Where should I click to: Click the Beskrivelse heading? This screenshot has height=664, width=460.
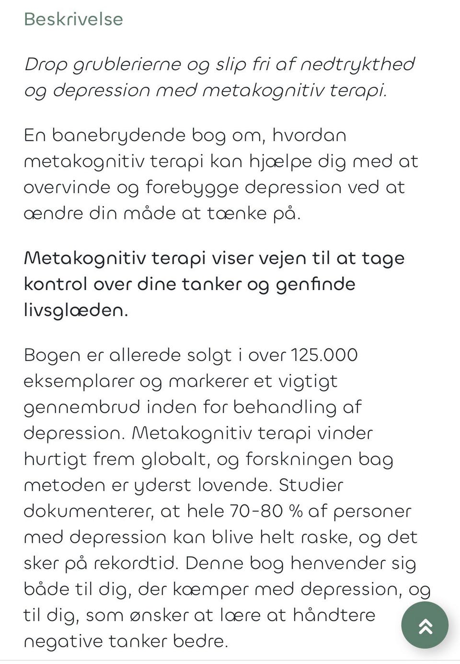pos(73,19)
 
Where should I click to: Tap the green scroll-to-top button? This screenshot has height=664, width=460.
pos(425,626)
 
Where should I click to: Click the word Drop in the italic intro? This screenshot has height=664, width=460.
pos(46,64)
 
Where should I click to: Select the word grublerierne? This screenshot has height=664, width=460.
pos(126,64)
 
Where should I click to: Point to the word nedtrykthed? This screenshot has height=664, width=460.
pos(357,64)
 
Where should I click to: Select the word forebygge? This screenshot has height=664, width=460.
pos(192,187)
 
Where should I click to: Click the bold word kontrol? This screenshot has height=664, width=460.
pos(55,284)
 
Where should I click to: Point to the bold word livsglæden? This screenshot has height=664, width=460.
pos(75,310)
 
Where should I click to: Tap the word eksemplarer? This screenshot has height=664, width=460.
pos(79,382)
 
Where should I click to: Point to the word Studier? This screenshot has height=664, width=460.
pos(311,485)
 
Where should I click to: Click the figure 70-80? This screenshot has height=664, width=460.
pos(256,511)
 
